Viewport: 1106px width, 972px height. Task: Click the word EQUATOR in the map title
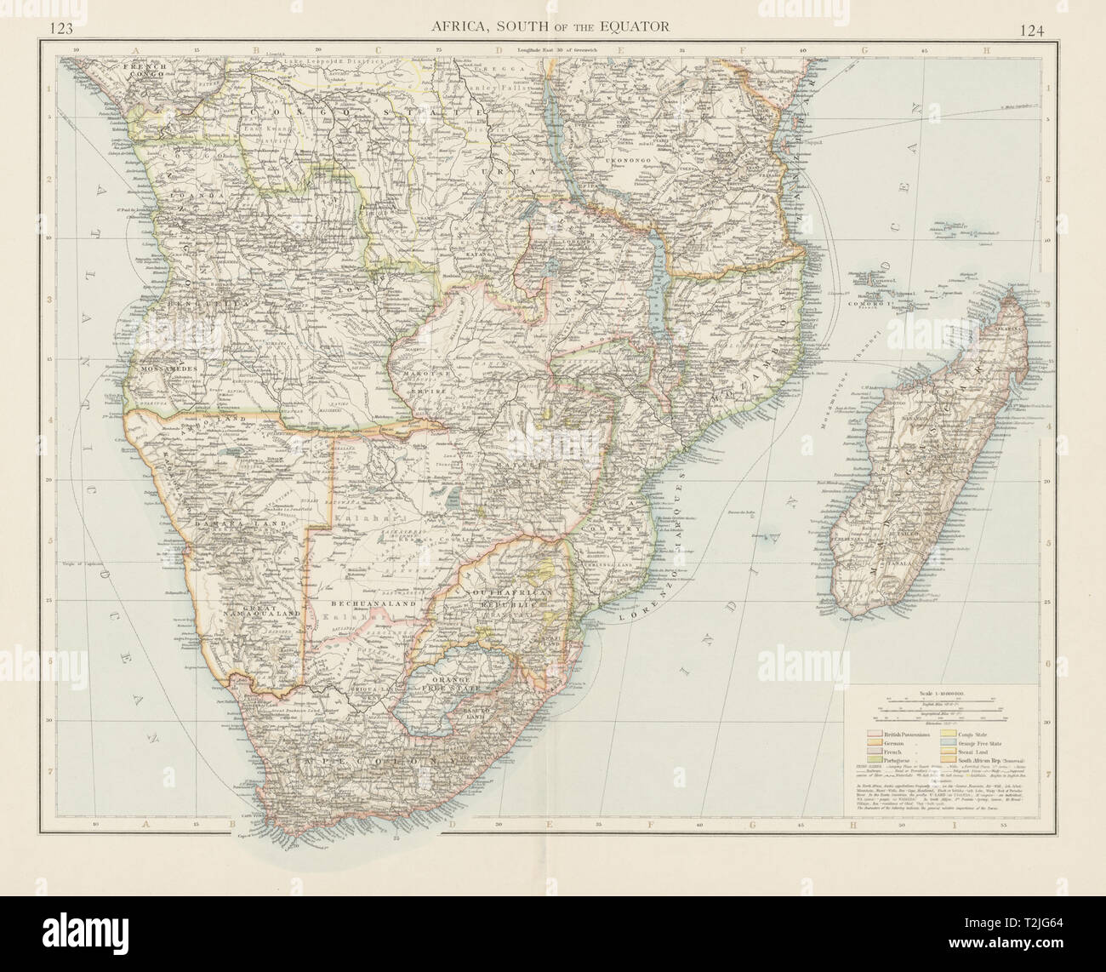coord(631,26)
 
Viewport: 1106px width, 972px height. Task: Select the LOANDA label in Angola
coord(190,194)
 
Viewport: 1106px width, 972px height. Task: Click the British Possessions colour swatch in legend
coord(872,734)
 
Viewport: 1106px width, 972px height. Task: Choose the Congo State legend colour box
coord(949,734)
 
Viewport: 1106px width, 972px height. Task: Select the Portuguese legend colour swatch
coord(872,759)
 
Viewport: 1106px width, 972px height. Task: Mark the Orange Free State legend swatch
coord(949,742)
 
